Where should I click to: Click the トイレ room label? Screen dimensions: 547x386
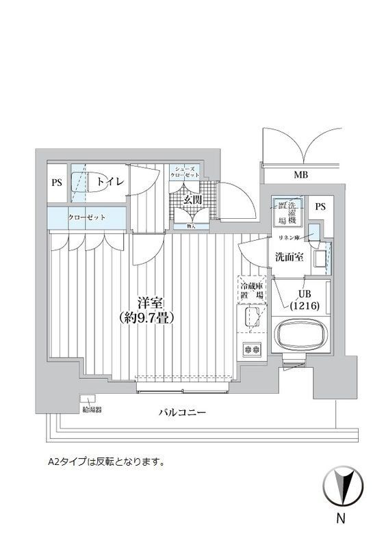tap(109, 182)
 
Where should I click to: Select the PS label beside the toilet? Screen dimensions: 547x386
tap(57, 183)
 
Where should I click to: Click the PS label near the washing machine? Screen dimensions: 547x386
tap(319, 206)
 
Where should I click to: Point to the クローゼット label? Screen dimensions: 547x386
tap(86, 217)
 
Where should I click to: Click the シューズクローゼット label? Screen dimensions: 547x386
tap(186, 172)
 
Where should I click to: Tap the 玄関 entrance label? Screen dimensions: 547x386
tap(192, 200)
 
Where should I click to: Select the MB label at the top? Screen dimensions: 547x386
tap(300, 176)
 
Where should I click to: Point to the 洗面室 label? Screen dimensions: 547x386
tap(285, 258)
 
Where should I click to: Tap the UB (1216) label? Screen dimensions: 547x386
tap(300, 300)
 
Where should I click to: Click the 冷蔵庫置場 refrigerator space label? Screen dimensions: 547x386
tap(251, 290)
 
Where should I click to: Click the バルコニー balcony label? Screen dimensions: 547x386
tap(182, 413)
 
